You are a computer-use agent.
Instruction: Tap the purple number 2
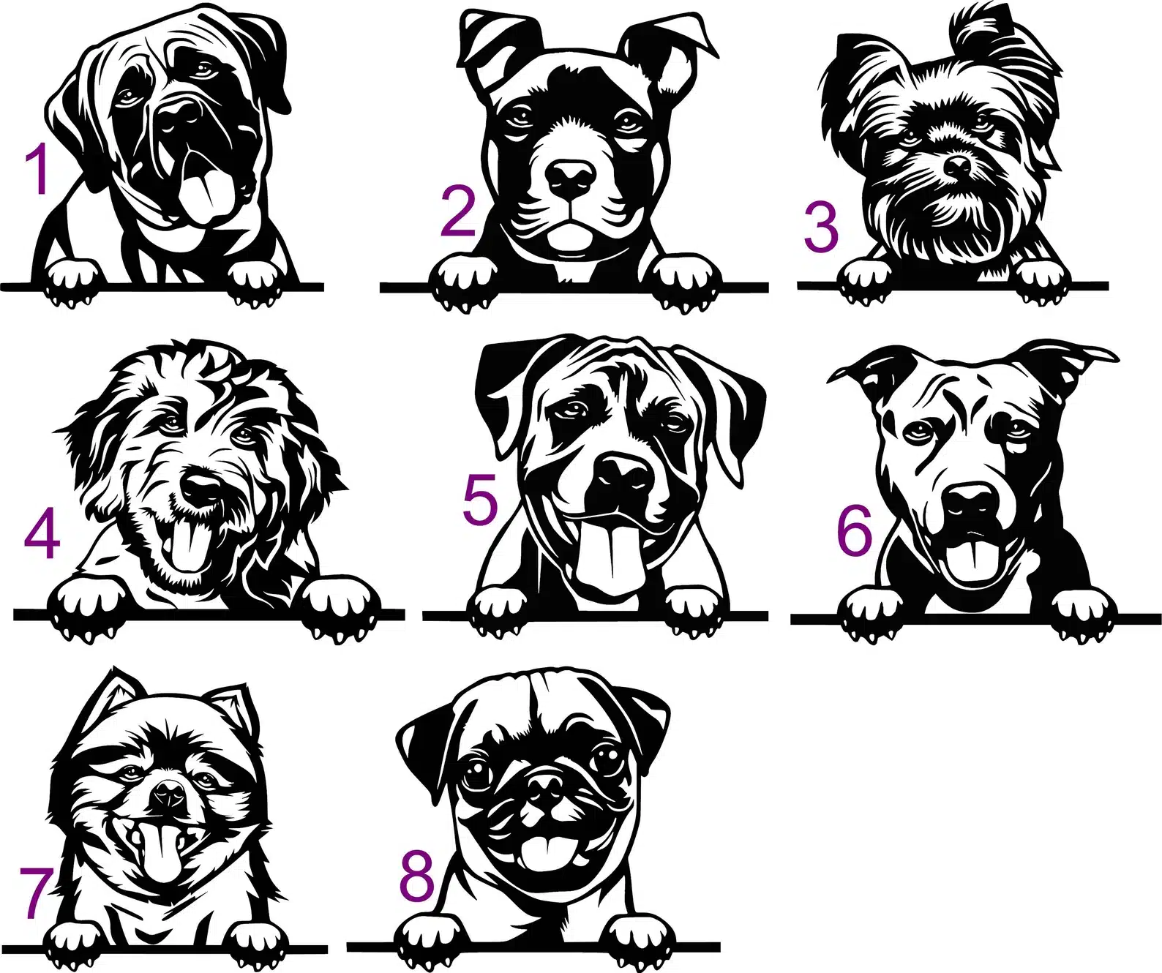(x=458, y=211)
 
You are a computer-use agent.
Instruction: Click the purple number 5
(x=480, y=499)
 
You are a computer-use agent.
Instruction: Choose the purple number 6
(x=854, y=530)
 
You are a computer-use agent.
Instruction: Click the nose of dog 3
(x=957, y=165)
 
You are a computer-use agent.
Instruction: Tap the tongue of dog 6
(x=972, y=561)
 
